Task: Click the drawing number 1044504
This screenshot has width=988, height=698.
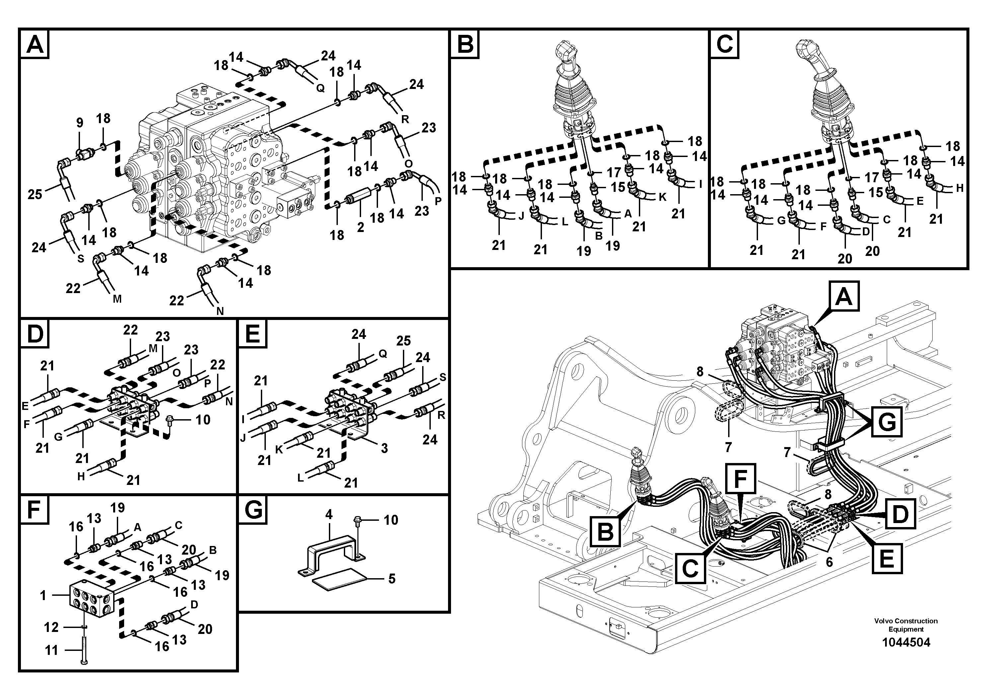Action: click(x=906, y=643)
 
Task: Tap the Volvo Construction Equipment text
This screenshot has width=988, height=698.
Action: click(x=906, y=625)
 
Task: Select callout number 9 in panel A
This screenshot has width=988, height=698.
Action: click(x=80, y=123)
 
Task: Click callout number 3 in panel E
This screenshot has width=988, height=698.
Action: click(x=384, y=448)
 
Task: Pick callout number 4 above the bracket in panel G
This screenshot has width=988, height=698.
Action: click(x=329, y=515)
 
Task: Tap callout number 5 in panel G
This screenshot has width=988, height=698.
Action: click(x=392, y=579)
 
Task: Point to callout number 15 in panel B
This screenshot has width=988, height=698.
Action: click(x=618, y=187)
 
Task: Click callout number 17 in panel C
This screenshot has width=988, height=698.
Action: click(x=872, y=177)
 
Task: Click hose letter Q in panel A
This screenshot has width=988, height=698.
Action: click(x=320, y=88)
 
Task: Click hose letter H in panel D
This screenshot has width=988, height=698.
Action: click(x=81, y=476)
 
